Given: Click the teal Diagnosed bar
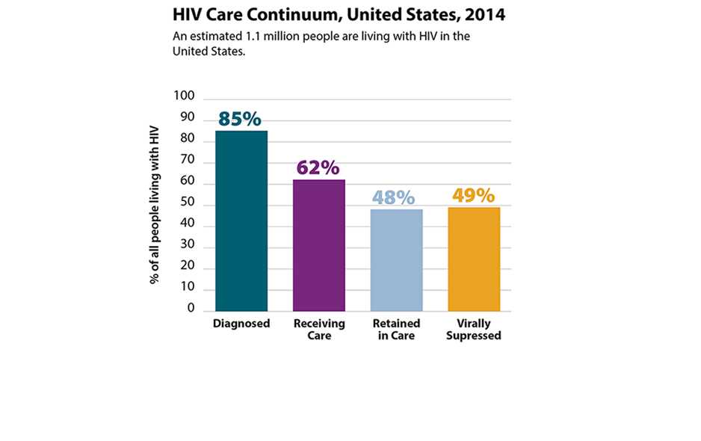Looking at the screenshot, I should tap(241, 220).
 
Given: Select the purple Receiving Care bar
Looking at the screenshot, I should tap(319, 245).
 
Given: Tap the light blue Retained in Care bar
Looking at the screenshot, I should tap(397, 259).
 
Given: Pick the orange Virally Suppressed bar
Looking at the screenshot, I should tap(474, 259).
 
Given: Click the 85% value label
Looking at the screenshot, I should tap(240, 119).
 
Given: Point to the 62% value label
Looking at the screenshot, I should tap(318, 167).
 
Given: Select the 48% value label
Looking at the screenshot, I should tap(394, 197).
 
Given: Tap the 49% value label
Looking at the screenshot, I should tap(473, 196).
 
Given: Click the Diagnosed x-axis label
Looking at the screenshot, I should tap(241, 324).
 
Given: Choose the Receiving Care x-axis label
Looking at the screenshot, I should tap(319, 330).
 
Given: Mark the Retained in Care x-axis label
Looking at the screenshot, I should tap(397, 330).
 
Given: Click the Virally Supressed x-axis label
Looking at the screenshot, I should tap(475, 330).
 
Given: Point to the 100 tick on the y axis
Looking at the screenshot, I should tap(184, 96).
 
